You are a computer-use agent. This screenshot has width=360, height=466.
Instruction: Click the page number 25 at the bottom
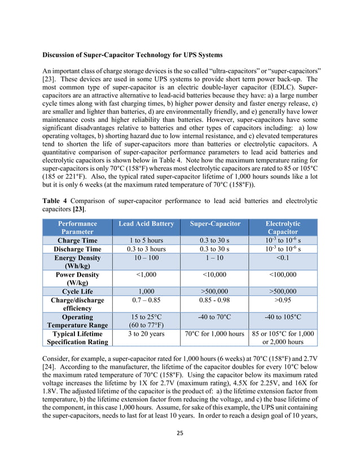click(x=180, y=433)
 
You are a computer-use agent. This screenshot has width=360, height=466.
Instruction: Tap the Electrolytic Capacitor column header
click(x=283, y=228)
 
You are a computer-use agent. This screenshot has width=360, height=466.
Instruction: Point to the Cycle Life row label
click(x=78, y=292)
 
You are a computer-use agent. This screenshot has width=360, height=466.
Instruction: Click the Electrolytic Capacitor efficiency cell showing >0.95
click(x=283, y=301)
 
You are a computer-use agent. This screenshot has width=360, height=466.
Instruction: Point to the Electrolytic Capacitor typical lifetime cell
click(x=283, y=338)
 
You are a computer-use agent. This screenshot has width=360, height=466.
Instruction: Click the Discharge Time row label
click(x=77, y=249)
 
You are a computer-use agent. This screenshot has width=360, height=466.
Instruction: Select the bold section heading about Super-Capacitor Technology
click(x=133, y=55)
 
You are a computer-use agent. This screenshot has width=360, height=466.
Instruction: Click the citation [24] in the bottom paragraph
click(x=49, y=375)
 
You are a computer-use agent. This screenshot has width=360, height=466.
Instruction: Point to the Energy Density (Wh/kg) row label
click(x=77, y=262)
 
